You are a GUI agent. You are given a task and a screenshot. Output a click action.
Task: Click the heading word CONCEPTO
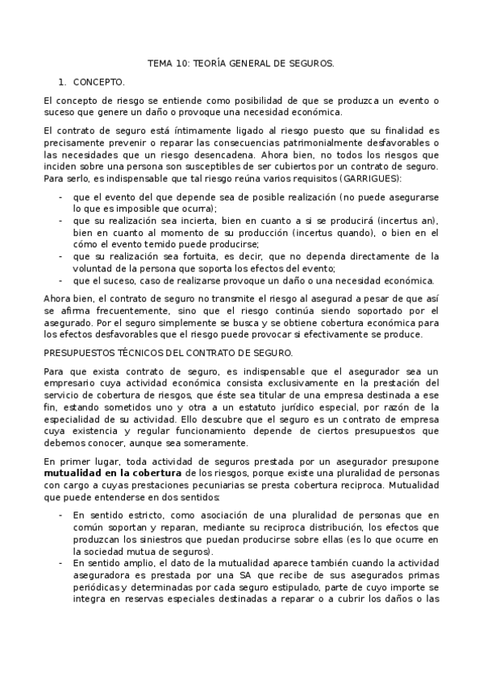click(x=98, y=82)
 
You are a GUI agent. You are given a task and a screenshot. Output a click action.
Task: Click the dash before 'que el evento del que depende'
click(x=60, y=196)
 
